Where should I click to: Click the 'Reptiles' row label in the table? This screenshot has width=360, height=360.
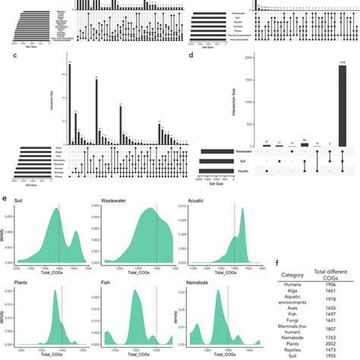point(293,349)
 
